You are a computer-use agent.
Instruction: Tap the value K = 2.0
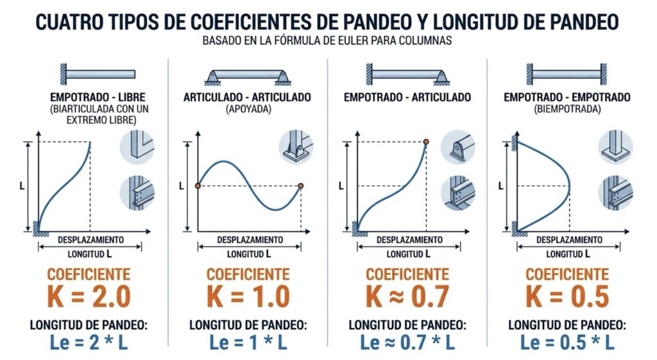89,296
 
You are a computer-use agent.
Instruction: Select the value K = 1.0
248,296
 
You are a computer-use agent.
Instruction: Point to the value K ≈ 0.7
407,296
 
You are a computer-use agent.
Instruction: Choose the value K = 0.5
567,296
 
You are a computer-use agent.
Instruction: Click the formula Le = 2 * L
89,343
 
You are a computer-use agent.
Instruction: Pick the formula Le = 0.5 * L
567,343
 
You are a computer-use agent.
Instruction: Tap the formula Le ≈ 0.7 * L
407,343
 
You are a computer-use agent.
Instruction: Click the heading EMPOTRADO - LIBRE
98,98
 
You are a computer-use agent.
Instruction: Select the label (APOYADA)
248,109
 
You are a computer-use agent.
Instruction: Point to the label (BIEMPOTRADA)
567,109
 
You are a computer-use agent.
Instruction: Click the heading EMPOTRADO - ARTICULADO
407,98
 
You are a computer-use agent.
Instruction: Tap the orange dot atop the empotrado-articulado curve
426,142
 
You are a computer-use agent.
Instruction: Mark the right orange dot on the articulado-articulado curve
300,185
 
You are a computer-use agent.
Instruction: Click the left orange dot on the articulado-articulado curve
198,185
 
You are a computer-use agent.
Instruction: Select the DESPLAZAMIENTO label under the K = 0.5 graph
569,240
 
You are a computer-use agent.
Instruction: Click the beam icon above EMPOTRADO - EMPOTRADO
567,74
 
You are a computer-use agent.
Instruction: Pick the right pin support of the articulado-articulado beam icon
283,78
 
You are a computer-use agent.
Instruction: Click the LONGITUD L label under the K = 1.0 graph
249,254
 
